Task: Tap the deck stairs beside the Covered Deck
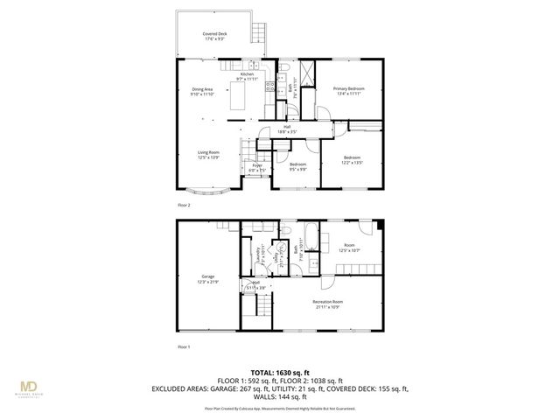(257, 31)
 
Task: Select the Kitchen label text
(247, 77)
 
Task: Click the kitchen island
(236, 95)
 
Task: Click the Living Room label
(208, 155)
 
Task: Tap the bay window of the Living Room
(211, 190)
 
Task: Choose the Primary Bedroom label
(348, 91)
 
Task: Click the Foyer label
(257, 167)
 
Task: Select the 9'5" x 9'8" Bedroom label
(297, 167)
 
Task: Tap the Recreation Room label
(328, 304)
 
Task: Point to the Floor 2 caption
(184, 205)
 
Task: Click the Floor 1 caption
(184, 347)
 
